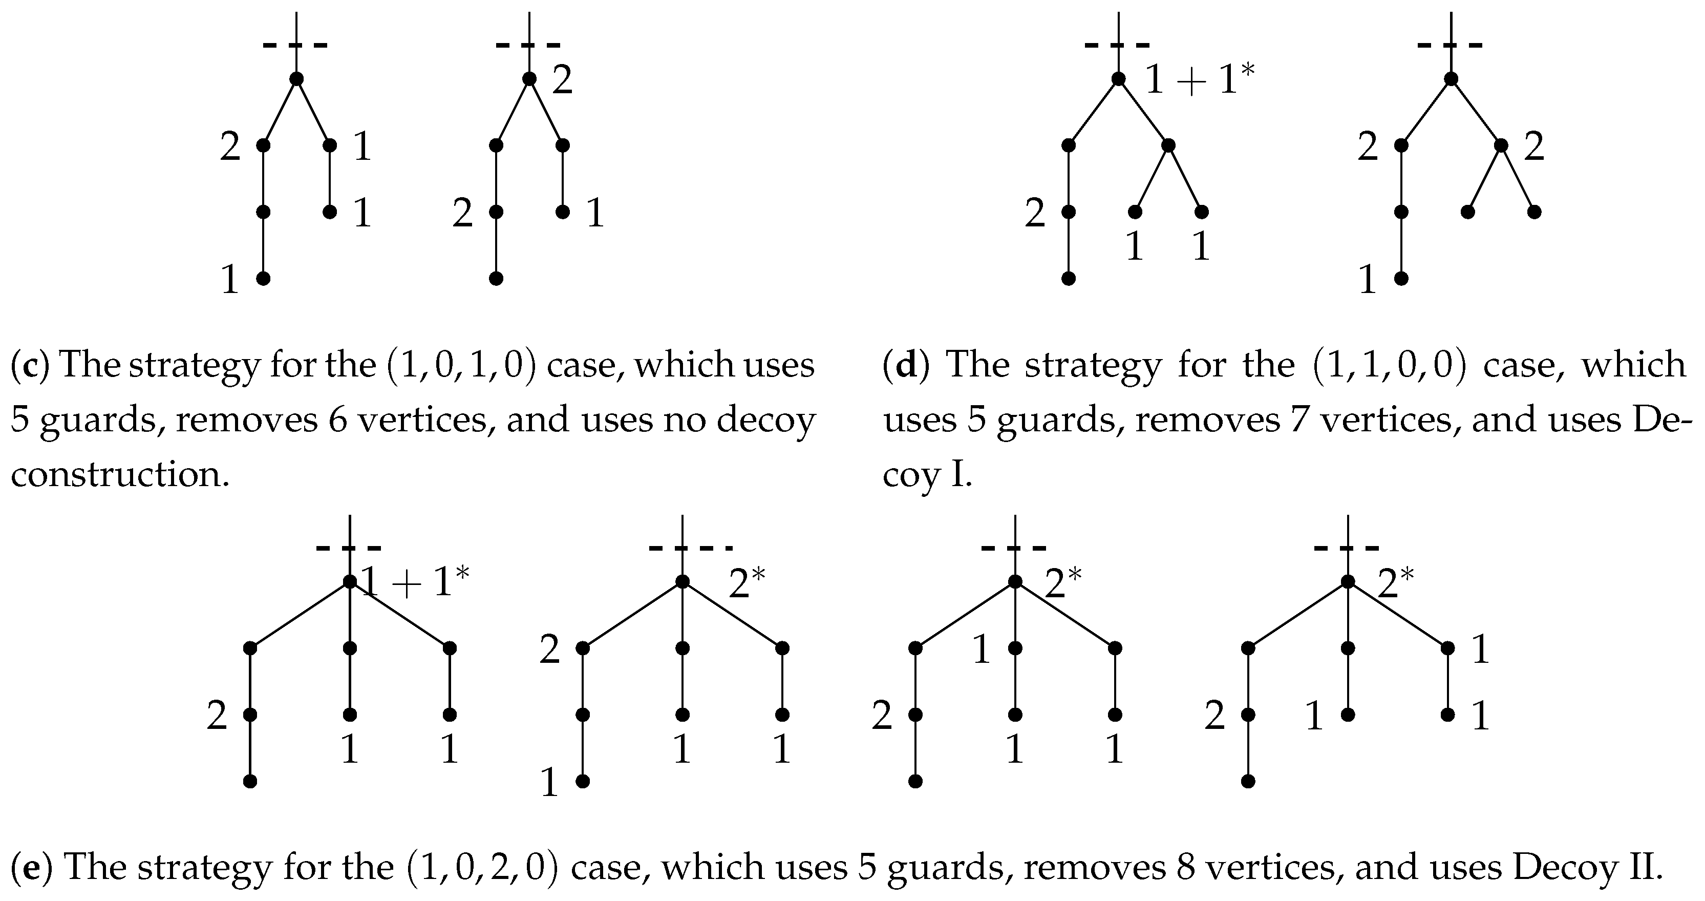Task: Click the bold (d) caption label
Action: [x=906, y=365]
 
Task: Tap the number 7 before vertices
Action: [x=1293, y=421]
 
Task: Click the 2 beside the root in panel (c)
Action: [x=562, y=81]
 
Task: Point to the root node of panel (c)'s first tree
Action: [x=296, y=79]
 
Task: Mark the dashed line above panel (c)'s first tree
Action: [x=295, y=45]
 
